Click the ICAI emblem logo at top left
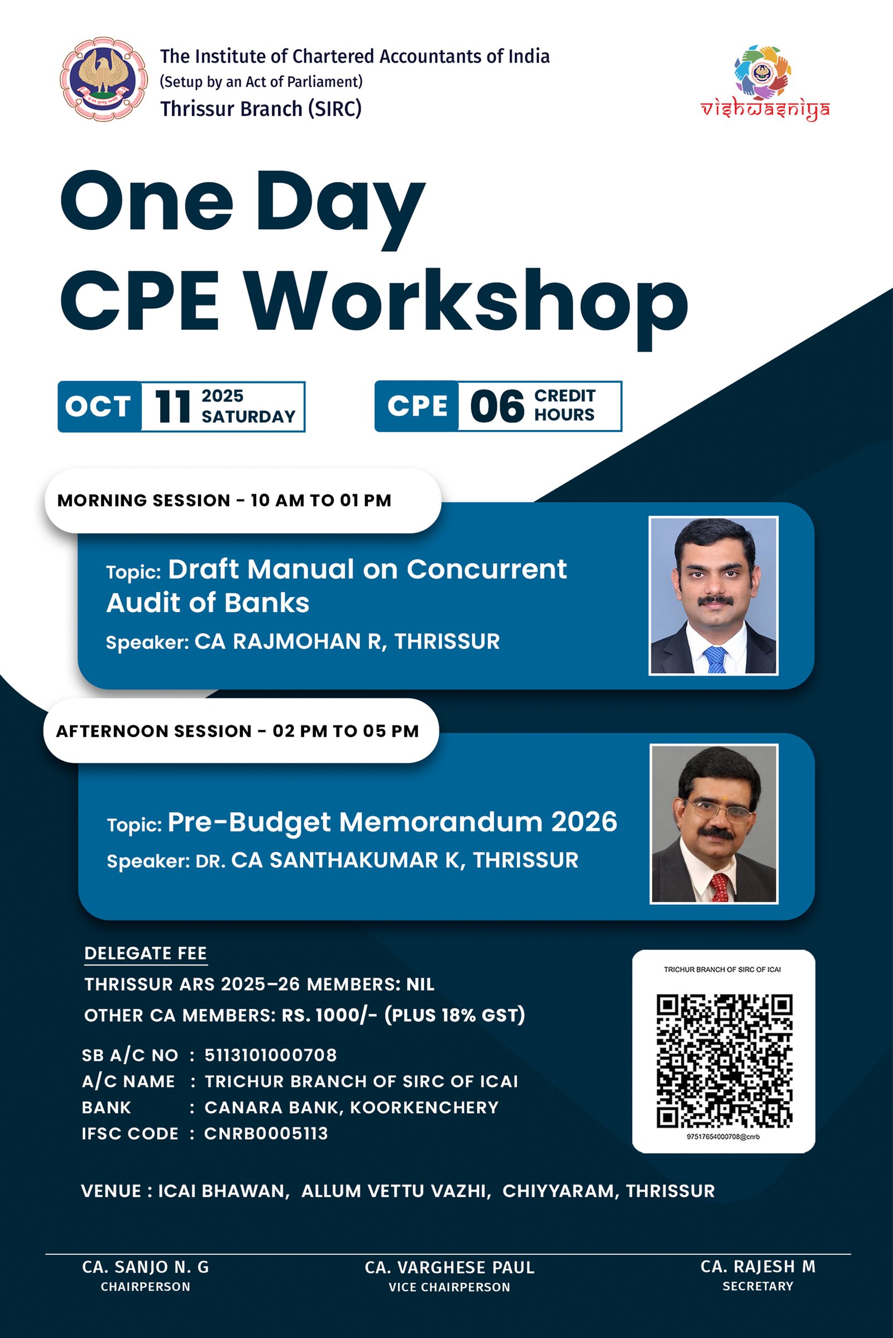tap(104, 79)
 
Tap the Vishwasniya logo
tap(764, 83)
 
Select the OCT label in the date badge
tap(98, 407)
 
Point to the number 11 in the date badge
tap(172, 407)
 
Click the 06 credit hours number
tap(497, 407)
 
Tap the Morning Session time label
tap(224, 501)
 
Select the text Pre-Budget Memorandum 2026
tap(392, 822)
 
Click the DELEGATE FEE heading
tap(145, 953)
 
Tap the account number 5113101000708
tap(271, 1055)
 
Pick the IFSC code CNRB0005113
tap(266, 1134)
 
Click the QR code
tap(724, 1061)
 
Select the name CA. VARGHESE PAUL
tap(450, 1267)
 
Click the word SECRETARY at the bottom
tap(758, 1286)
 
